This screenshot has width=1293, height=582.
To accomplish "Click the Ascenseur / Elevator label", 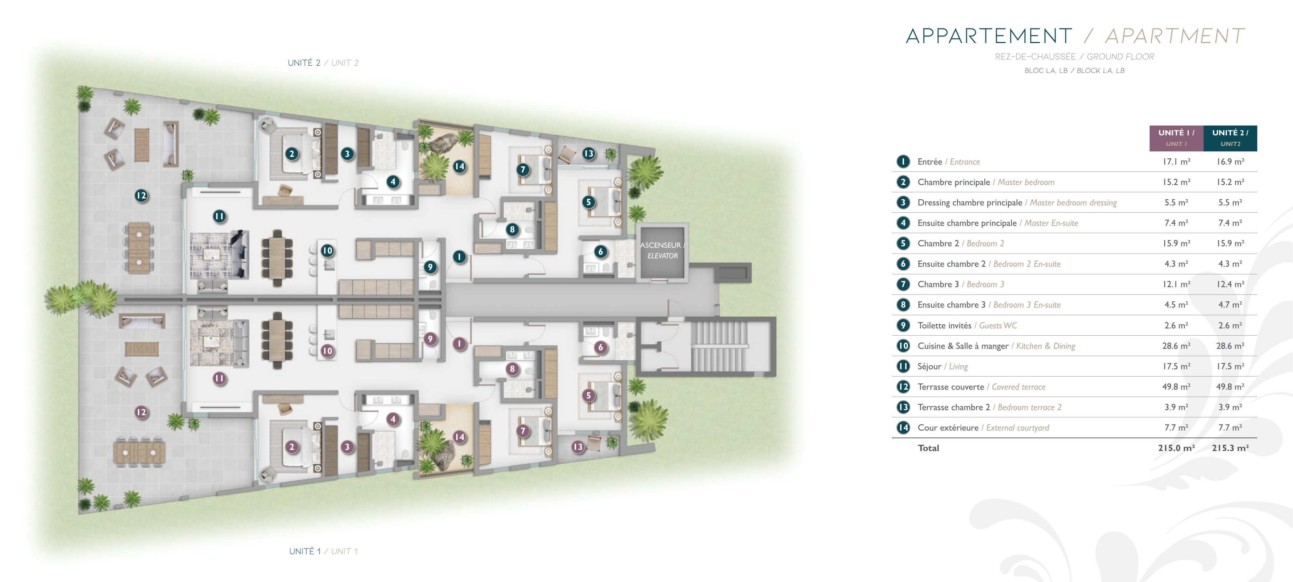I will click(x=662, y=250).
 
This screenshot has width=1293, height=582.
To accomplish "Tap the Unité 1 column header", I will click(x=1176, y=138).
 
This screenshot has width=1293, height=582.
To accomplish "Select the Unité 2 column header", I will click(x=1230, y=138).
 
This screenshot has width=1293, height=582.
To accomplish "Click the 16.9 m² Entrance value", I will click(x=1230, y=162).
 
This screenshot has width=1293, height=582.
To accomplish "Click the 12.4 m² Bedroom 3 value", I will click(x=1230, y=284).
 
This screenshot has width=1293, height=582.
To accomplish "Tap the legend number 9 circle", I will click(x=903, y=325).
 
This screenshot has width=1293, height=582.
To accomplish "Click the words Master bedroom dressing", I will click(x=1073, y=203).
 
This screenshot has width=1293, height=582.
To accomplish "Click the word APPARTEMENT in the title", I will click(x=988, y=36).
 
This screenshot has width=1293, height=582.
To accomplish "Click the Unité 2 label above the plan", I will click(x=323, y=63).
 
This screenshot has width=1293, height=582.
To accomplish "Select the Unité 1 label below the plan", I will click(x=323, y=551).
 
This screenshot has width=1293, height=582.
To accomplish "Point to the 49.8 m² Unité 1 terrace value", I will click(x=1176, y=387).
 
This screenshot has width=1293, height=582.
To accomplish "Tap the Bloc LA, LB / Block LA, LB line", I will click(x=1074, y=71).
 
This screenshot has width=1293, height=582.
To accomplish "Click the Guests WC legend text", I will click(x=998, y=325).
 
